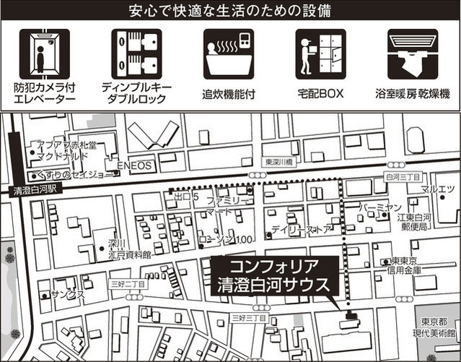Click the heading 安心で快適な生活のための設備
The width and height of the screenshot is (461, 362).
click(230, 12)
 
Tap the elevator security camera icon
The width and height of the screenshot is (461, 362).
click(45, 54)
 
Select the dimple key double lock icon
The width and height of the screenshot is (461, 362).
click(136, 54)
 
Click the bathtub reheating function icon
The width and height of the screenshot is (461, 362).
click(229, 54)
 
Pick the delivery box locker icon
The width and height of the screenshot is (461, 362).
click(320, 54)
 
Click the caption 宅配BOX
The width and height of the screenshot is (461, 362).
click(320, 94)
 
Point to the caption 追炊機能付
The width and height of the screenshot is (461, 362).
click(229, 94)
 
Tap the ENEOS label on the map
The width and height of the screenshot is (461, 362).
click(135, 165)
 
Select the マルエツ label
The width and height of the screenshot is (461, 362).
click(437, 189)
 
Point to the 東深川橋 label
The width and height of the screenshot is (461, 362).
click(280, 162)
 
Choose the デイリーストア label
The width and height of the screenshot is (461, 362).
click(302, 230)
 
